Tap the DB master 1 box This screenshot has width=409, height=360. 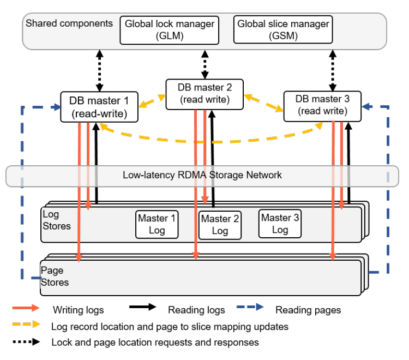99,107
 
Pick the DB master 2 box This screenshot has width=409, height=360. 204,93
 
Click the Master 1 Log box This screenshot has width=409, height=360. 157,224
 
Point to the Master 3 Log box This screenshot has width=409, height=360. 280,223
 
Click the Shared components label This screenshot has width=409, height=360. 69,23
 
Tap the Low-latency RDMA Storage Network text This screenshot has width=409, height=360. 202,175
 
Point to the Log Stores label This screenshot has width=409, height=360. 56,220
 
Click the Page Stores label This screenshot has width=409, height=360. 55,276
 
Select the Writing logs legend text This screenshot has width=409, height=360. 78,310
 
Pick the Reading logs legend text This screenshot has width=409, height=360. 196,310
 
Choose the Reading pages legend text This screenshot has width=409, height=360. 308,310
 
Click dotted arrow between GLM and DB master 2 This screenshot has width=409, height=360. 204,64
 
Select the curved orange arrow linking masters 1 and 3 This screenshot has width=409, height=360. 210,141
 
